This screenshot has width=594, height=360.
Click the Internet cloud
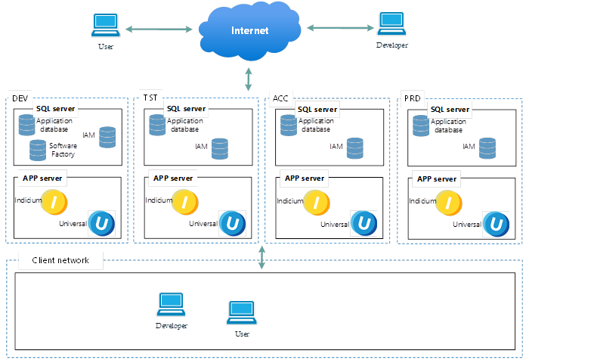click(250, 32)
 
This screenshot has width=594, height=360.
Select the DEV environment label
click(19, 99)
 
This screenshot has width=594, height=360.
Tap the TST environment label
click(150, 98)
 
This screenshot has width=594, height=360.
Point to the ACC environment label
click(280, 98)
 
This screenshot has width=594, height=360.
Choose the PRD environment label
click(413, 98)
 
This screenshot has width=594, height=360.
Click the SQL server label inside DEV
click(55, 108)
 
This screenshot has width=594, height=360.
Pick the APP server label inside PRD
click(436, 179)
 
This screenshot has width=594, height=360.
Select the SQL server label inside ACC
click(317, 109)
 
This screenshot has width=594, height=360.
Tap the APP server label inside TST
click(174, 178)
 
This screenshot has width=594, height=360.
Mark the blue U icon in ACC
click(364, 224)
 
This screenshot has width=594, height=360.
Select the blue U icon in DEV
click(101, 224)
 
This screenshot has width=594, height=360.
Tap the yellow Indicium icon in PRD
click(450, 202)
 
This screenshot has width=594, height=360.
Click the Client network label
click(60, 260)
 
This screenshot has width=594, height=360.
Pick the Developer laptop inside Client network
click(171, 305)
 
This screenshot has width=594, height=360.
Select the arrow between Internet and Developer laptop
click(340, 28)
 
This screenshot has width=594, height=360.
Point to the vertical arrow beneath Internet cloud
click(249, 78)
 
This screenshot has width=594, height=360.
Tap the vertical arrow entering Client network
click(262, 256)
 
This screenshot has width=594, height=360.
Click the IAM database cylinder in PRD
click(488, 148)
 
